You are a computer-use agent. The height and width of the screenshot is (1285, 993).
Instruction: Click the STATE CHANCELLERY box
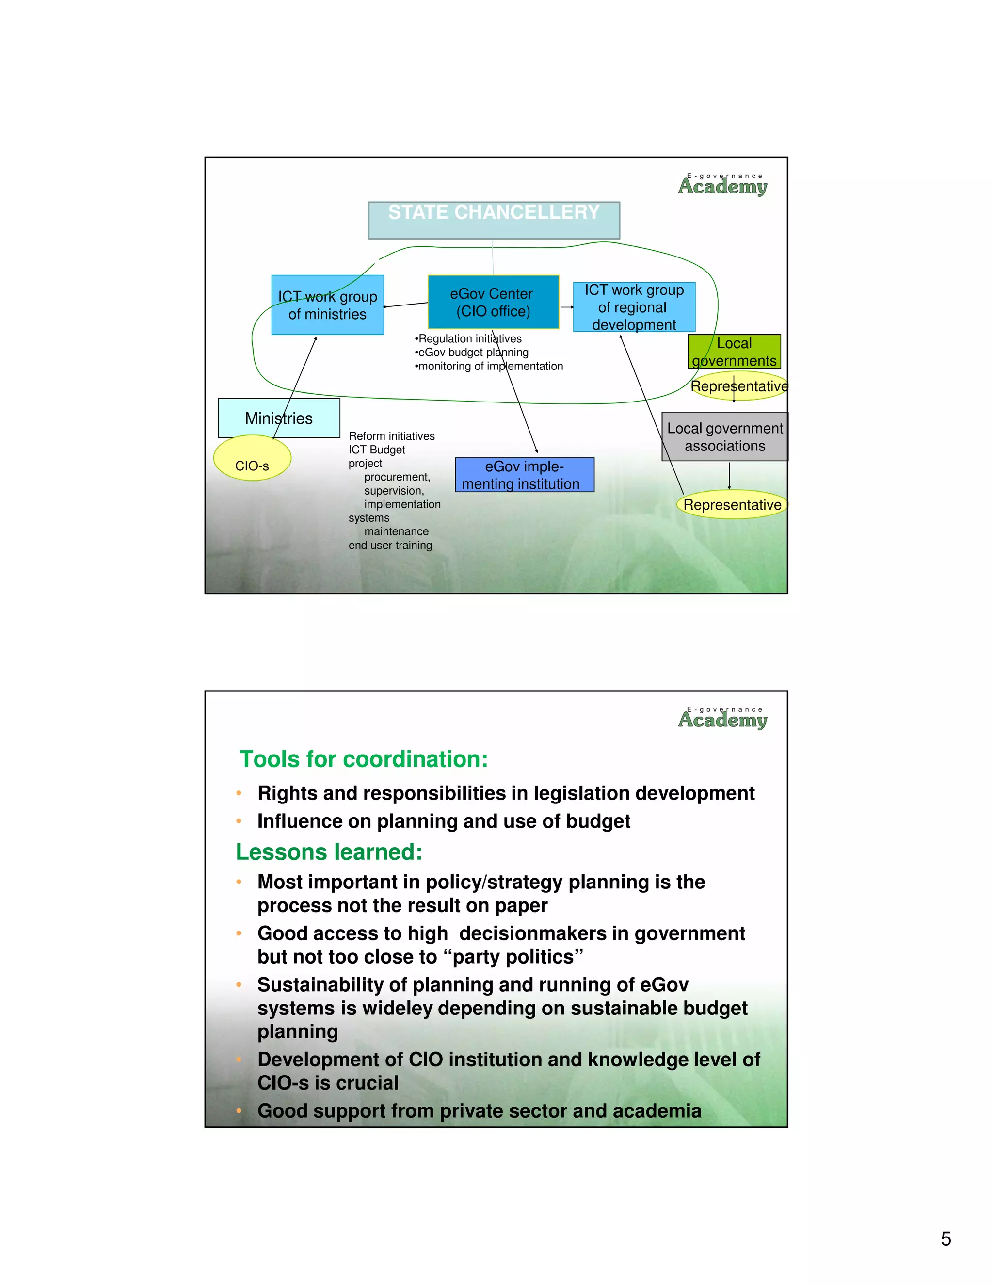(494, 220)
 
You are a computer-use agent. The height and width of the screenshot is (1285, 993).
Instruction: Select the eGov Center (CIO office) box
(493, 302)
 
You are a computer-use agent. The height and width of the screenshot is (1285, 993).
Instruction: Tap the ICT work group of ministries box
(327, 305)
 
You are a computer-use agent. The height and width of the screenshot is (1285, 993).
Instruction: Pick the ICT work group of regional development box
(634, 307)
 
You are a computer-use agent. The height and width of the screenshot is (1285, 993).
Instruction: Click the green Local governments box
(734, 351)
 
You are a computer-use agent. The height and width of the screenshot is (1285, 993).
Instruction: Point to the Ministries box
(279, 418)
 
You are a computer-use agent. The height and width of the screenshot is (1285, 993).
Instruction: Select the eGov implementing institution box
(524, 475)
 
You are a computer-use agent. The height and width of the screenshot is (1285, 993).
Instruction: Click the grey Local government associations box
(725, 436)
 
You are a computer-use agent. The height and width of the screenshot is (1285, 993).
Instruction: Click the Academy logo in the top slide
(723, 185)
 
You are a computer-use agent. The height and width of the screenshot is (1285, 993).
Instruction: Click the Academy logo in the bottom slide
(723, 719)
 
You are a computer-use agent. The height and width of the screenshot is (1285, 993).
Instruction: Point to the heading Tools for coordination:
(364, 759)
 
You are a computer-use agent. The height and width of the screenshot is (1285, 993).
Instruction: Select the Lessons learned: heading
(329, 852)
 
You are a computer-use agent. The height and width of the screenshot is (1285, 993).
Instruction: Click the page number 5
(945, 1238)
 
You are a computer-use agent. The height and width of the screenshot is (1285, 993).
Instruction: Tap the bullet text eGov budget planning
(472, 353)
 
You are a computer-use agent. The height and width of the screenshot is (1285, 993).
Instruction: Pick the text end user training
(390, 546)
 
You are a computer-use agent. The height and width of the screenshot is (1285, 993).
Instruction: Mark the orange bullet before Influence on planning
(239, 821)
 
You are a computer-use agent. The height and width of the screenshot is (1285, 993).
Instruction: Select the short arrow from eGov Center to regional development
(566, 307)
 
